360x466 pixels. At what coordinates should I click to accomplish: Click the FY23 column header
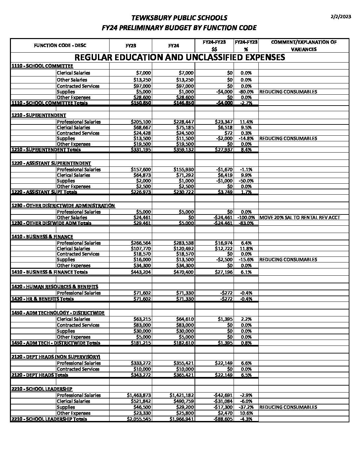[131, 46]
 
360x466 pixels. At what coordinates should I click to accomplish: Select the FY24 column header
[174, 46]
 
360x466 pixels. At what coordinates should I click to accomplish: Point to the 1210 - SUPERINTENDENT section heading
[39, 115]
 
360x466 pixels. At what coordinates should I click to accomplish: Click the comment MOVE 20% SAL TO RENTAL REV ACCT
[300, 217]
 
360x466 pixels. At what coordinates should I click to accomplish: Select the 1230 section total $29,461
[142, 223]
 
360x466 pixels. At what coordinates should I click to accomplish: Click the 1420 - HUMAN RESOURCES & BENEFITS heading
[55, 287]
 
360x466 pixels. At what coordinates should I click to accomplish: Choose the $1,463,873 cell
[139, 395]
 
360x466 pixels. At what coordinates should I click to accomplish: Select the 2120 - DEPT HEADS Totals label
[40, 375]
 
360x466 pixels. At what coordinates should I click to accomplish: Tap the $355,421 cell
[184, 363]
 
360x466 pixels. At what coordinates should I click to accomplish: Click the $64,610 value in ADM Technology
[185, 319]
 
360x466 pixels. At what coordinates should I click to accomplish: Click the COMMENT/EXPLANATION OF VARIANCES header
[303, 46]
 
